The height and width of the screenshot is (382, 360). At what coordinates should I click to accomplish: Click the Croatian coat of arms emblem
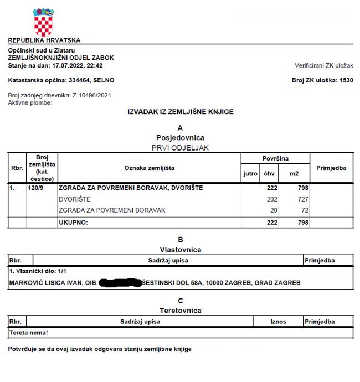click(x=44, y=22)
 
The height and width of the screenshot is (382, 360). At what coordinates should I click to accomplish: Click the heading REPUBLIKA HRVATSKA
click(x=44, y=40)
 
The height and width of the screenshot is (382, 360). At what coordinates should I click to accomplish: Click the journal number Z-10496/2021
click(x=92, y=95)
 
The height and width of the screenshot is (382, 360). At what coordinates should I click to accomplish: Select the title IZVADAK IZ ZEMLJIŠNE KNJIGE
click(x=181, y=112)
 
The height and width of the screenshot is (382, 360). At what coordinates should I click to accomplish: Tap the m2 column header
click(x=293, y=174)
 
